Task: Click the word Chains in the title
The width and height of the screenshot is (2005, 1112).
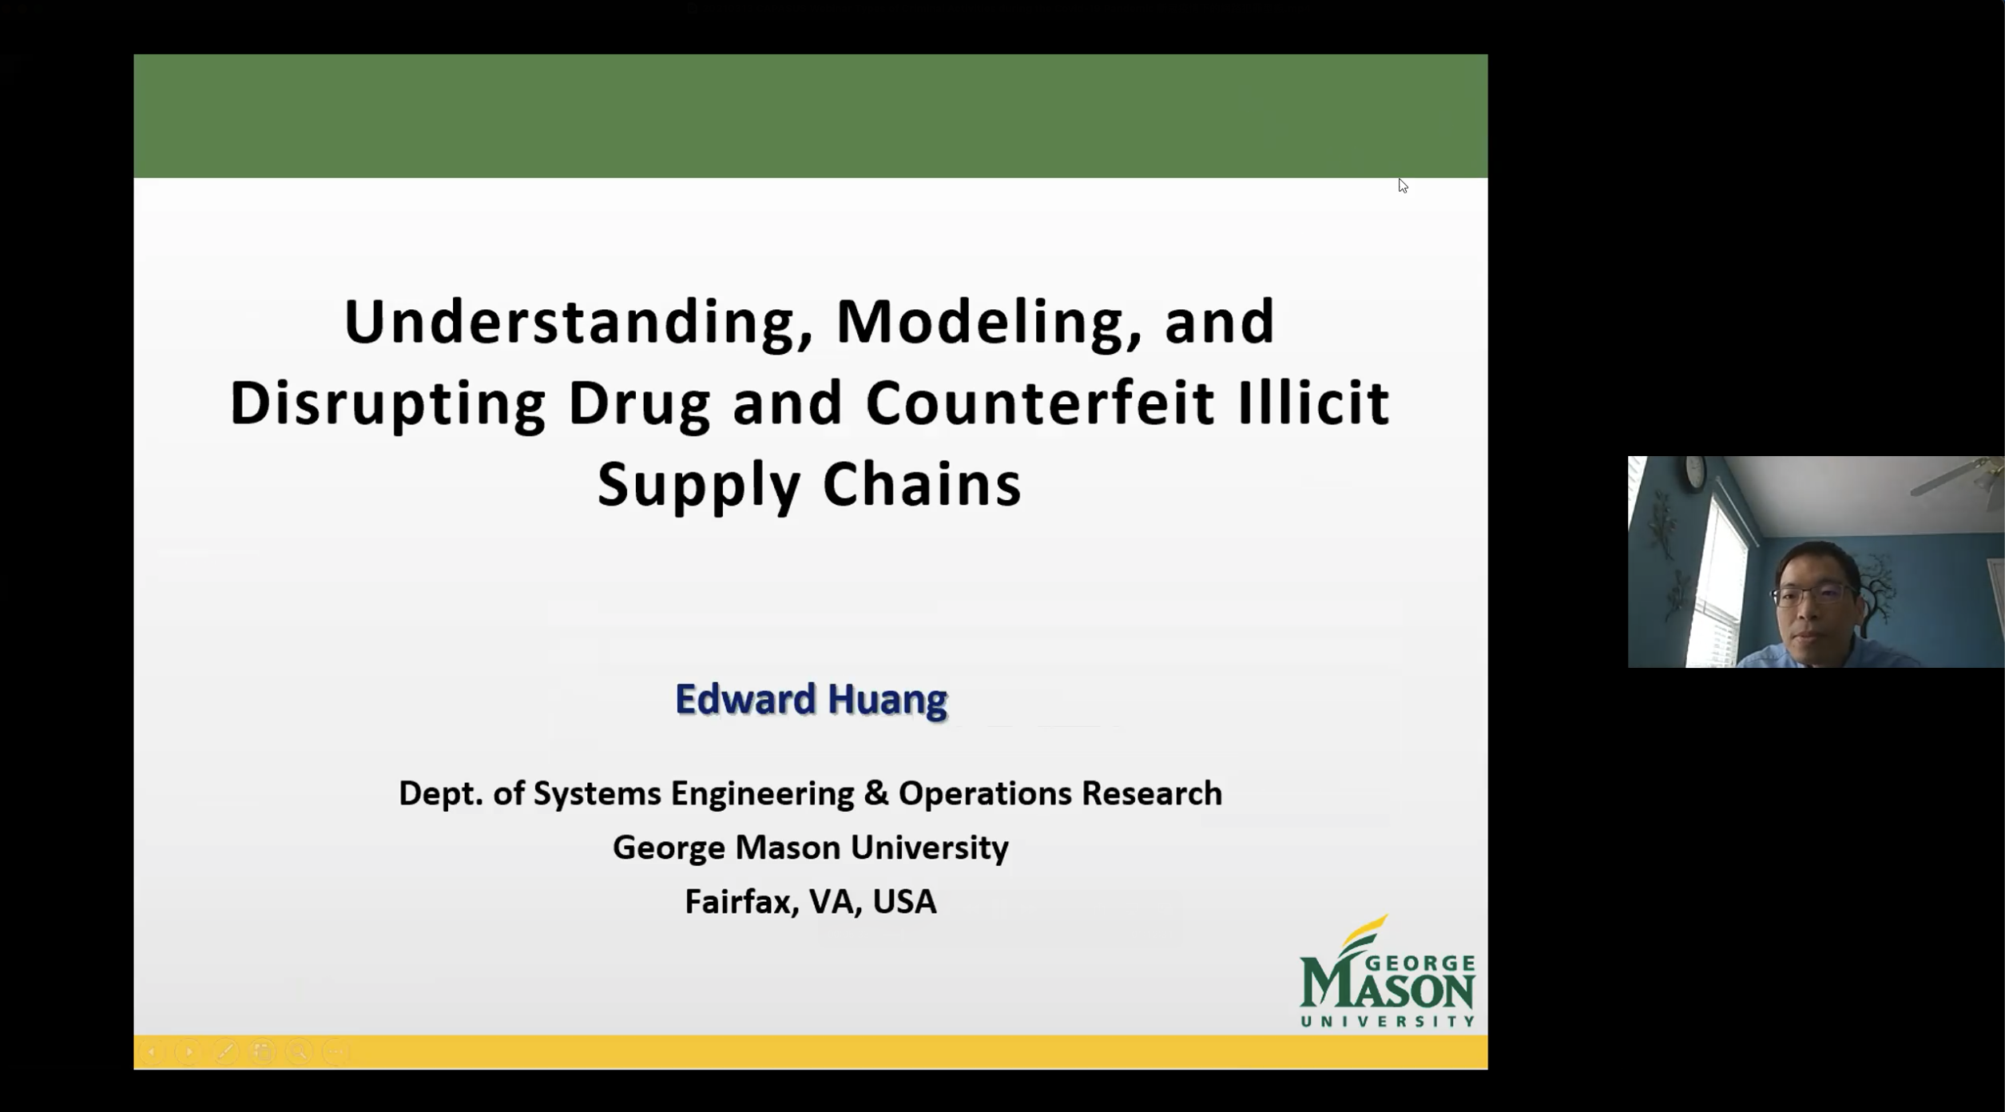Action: coord(922,484)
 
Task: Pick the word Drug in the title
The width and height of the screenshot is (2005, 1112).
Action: coord(639,404)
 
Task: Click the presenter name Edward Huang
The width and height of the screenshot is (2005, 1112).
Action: coord(811,699)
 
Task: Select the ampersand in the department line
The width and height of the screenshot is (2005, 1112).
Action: coord(876,793)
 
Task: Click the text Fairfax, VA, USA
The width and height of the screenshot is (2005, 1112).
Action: coord(811,902)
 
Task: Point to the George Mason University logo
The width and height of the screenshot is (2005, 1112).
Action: coord(1388,971)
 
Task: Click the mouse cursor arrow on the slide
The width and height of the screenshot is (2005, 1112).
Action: coord(1403,185)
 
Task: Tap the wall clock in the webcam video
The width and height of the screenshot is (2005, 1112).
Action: coord(1695,471)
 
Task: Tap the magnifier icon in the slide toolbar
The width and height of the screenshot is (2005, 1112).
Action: coord(299,1052)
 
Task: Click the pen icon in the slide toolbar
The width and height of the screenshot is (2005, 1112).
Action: coord(225,1052)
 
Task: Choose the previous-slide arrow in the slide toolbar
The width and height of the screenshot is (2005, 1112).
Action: coord(152,1052)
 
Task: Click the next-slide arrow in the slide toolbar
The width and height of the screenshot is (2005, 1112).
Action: coord(189,1052)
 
